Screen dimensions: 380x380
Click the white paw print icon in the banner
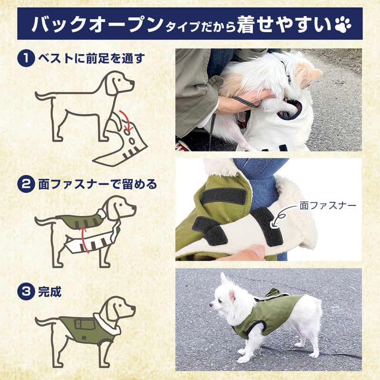point(346,24)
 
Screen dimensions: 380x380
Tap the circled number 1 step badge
point(25,59)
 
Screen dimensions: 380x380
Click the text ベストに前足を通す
point(90,59)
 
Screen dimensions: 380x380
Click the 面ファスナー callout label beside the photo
point(328,206)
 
